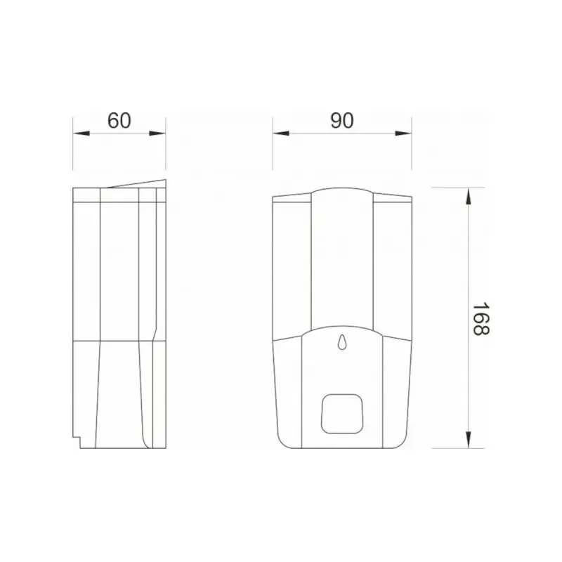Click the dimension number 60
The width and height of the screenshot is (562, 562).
pos(119,120)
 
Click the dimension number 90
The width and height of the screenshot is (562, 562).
pos(342,120)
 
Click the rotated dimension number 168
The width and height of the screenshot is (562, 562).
pos(481,319)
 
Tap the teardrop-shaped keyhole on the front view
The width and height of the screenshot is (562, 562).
pos(342,341)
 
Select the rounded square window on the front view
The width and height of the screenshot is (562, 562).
pos(341,414)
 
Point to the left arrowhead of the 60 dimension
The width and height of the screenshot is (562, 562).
pos(81,133)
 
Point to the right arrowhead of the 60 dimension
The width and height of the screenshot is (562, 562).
pos(157,133)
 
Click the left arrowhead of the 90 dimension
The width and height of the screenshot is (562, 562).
pos(281,133)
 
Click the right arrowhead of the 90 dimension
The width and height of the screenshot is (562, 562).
pos(403,133)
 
